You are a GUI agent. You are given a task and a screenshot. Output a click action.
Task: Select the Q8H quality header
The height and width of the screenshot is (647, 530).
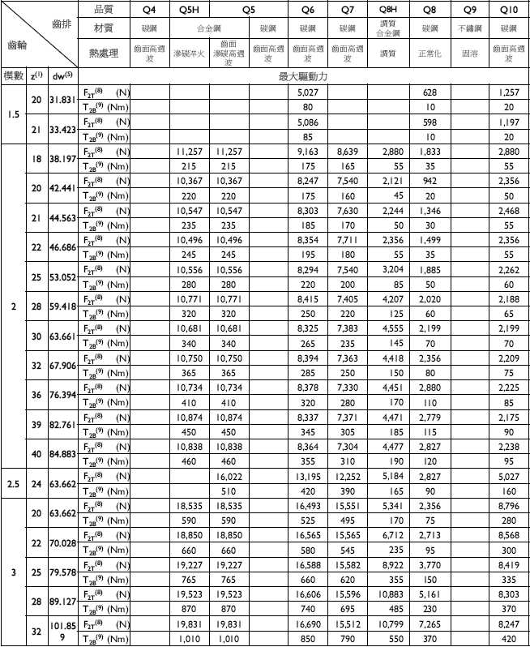coord(387,10)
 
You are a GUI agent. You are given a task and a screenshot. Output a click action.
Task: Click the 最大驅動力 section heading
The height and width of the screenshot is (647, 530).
coord(304,76)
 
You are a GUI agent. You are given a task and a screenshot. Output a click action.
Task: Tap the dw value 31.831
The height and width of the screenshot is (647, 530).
coord(62,100)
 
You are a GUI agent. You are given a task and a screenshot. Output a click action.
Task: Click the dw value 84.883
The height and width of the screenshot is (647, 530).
coord(62,453)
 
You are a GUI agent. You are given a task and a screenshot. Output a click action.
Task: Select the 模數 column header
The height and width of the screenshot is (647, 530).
coord(12,76)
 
